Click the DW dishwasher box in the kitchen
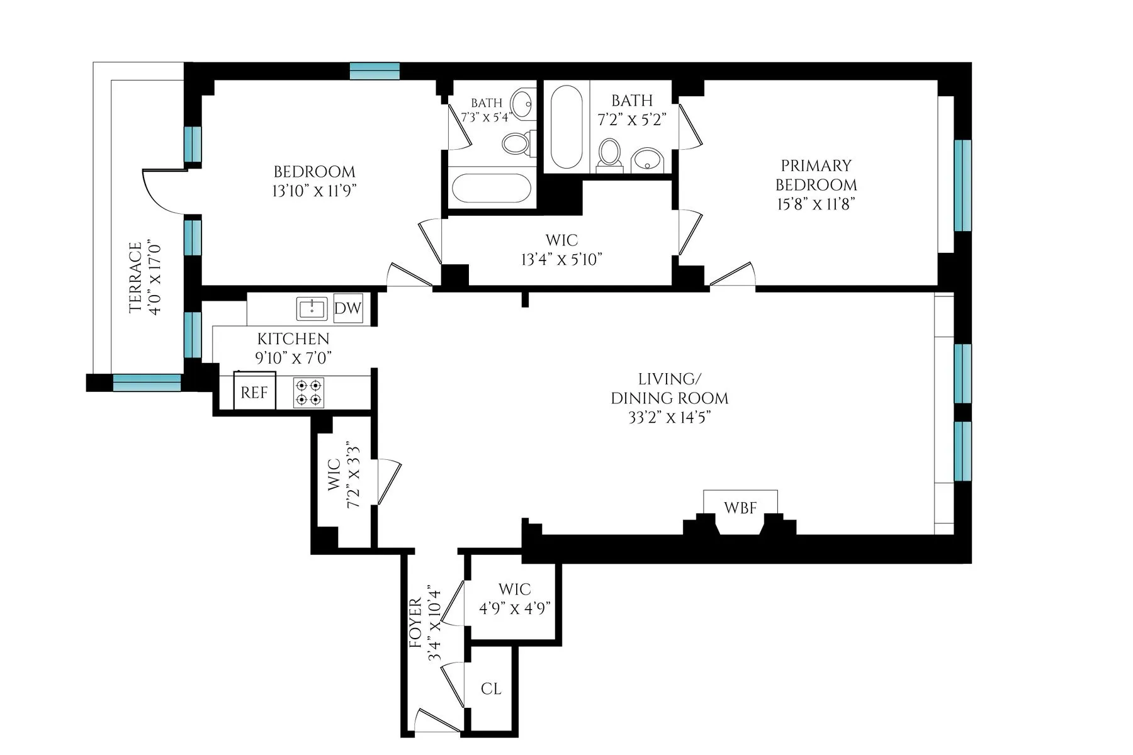(x=347, y=308)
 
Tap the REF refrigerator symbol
(x=254, y=392)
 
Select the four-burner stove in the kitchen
(x=308, y=393)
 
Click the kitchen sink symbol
(x=312, y=309)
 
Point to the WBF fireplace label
(x=740, y=507)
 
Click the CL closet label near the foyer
(x=491, y=688)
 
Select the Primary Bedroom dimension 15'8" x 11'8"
(x=816, y=204)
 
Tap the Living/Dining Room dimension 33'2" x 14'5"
(x=669, y=417)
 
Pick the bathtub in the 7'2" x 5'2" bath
(x=566, y=127)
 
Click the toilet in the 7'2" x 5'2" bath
(x=609, y=154)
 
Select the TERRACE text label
(x=135, y=277)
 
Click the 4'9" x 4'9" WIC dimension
(x=515, y=608)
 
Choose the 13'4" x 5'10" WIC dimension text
(x=561, y=259)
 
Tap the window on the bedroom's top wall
(x=375, y=71)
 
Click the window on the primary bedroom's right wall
(x=962, y=185)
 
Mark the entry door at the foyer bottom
(x=437, y=721)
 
